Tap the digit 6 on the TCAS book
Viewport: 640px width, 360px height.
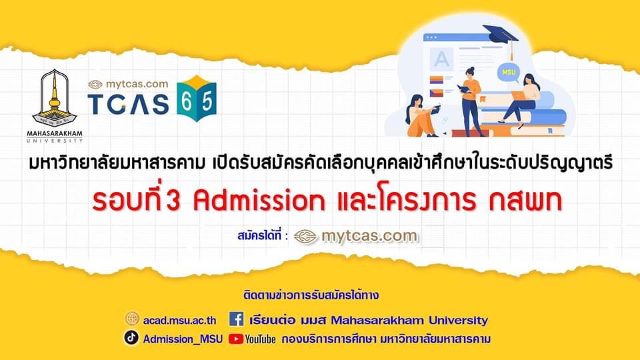point(187,101)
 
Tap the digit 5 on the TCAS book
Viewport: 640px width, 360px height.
point(207,101)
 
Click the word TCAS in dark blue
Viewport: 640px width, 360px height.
point(128,104)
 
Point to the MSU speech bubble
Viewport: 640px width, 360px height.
point(509,73)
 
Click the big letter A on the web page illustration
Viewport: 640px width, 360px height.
point(441,59)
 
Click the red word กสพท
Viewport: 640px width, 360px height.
point(526,201)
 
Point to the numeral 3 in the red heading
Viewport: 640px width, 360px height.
point(173,201)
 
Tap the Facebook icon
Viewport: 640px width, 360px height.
point(236,319)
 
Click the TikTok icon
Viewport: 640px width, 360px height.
point(131,337)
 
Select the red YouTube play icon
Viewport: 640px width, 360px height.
point(236,339)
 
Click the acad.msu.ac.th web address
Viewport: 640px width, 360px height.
point(179,321)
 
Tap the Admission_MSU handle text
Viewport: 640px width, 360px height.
point(183,339)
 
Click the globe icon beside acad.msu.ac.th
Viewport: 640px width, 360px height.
point(132,319)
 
